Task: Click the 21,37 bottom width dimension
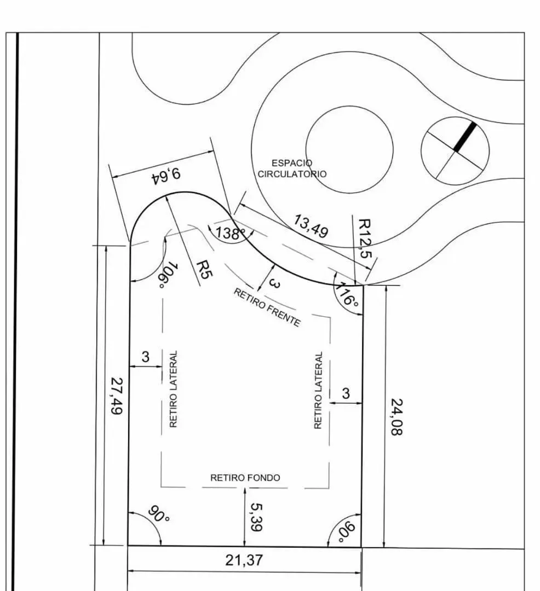pos(244,560)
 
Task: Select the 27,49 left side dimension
pos(117,396)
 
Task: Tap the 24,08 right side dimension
pos(397,417)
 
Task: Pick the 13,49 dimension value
pos(311,226)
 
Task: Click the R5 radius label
pos(204,269)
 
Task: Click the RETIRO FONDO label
pos(245,478)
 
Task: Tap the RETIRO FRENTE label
pos(267,308)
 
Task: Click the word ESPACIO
pos(292,163)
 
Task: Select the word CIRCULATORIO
pos(292,174)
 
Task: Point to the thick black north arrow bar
pos(465,137)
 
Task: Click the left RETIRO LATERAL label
pos(174,389)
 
